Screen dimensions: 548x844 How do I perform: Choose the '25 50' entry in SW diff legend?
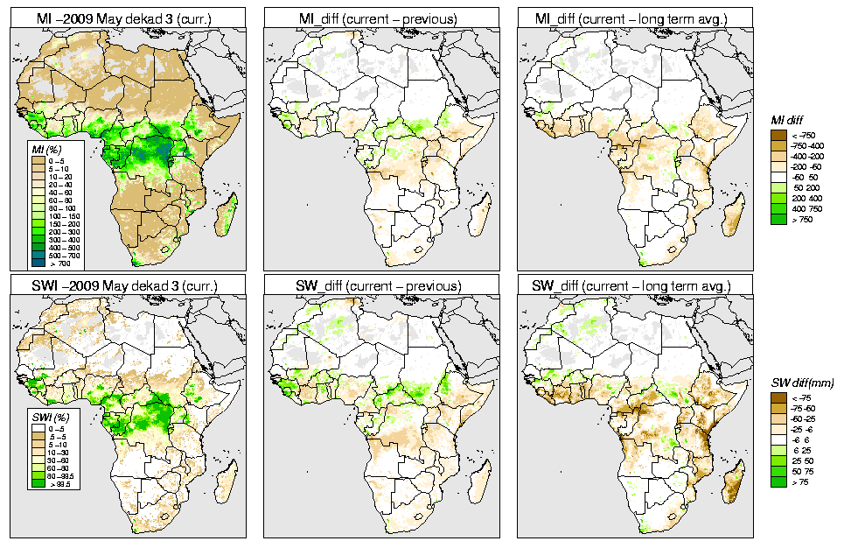tap(801, 460)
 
